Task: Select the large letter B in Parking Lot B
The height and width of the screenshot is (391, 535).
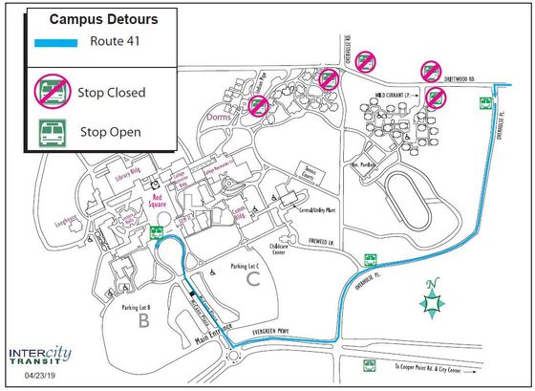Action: pos(145,321)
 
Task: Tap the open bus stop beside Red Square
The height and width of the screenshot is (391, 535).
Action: pos(157,231)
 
